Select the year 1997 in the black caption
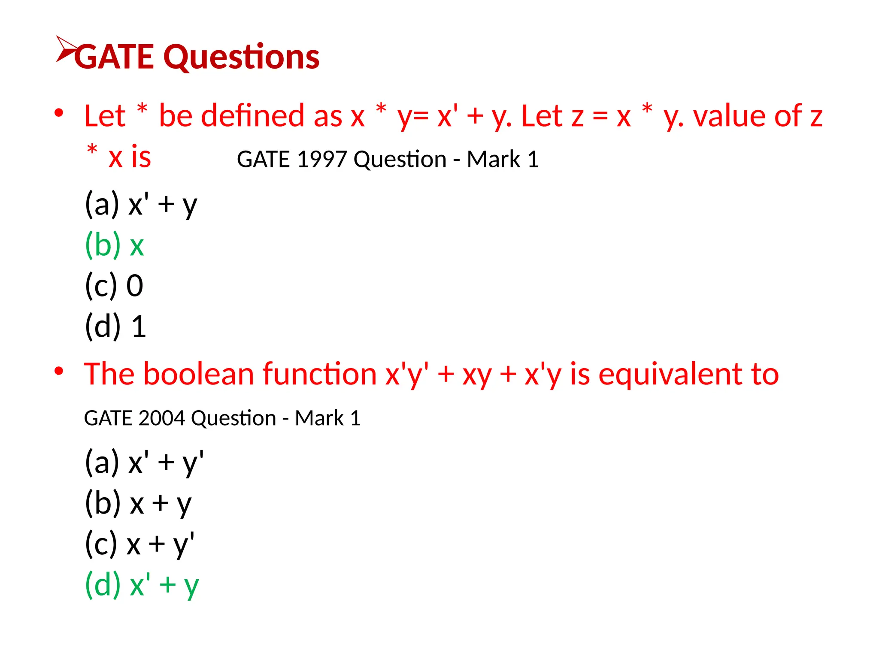[x=321, y=160]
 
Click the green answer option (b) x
[x=114, y=245]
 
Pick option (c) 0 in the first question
[x=114, y=286]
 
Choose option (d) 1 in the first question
[x=115, y=326]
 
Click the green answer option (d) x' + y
[x=142, y=585]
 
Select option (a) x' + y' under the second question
[x=144, y=463]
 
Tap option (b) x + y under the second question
[x=138, y=503]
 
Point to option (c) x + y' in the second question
[x=139, y=544]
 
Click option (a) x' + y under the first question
[x=141, y=205]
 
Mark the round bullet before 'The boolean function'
[x=59, y=371]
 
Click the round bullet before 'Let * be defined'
[x=59, y=113]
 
